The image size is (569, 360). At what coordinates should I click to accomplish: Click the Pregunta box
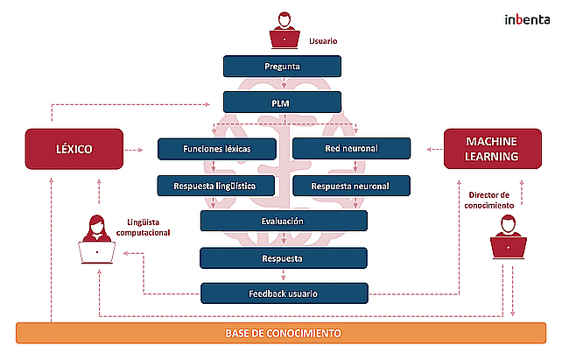coord(282,67)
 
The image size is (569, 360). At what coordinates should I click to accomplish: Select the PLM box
coord(282,102)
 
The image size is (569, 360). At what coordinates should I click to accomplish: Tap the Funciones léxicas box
coord(216,149)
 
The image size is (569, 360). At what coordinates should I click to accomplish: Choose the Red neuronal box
coord(350,149)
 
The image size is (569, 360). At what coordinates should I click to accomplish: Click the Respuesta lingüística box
coord(216,185)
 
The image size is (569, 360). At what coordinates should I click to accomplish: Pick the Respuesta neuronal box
coord(350,185)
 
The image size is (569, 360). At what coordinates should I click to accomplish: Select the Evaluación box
coord(282,221)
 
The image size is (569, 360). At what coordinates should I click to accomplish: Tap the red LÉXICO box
coord(73,150)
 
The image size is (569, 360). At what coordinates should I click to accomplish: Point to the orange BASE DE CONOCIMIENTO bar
coord(282,333)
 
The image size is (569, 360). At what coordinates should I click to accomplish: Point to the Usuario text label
coord(323,41)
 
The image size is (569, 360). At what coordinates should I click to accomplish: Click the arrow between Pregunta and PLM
coord(282,84)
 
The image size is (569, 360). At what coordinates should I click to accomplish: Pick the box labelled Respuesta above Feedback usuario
coord(282,258)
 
